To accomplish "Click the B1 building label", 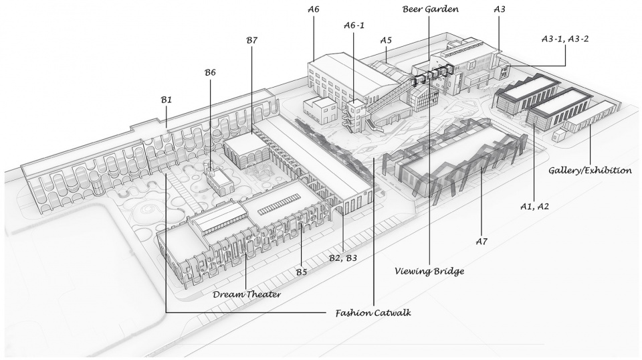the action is point(167,100).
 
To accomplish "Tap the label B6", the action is point(210,72).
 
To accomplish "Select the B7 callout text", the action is point(252,40).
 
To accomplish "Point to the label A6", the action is point(313,9).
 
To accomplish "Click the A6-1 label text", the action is point(354,25).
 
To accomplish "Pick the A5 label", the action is point(386,40).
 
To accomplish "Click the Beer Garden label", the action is point(430,9).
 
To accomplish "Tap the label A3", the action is point(500,9).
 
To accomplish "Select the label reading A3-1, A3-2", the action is point(565,39).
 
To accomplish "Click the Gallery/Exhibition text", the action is point(590,171).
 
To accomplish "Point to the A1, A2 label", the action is point(534,207).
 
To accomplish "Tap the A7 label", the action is point(481,242).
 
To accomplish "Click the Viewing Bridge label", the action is point(429,271).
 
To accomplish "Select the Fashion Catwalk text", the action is point(373,313).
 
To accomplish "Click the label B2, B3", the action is point(343,258).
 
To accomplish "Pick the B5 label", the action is point(302,272).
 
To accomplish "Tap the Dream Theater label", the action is point(247,294).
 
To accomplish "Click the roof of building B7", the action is point(245,143).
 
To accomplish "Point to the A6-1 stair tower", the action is point(355,116).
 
